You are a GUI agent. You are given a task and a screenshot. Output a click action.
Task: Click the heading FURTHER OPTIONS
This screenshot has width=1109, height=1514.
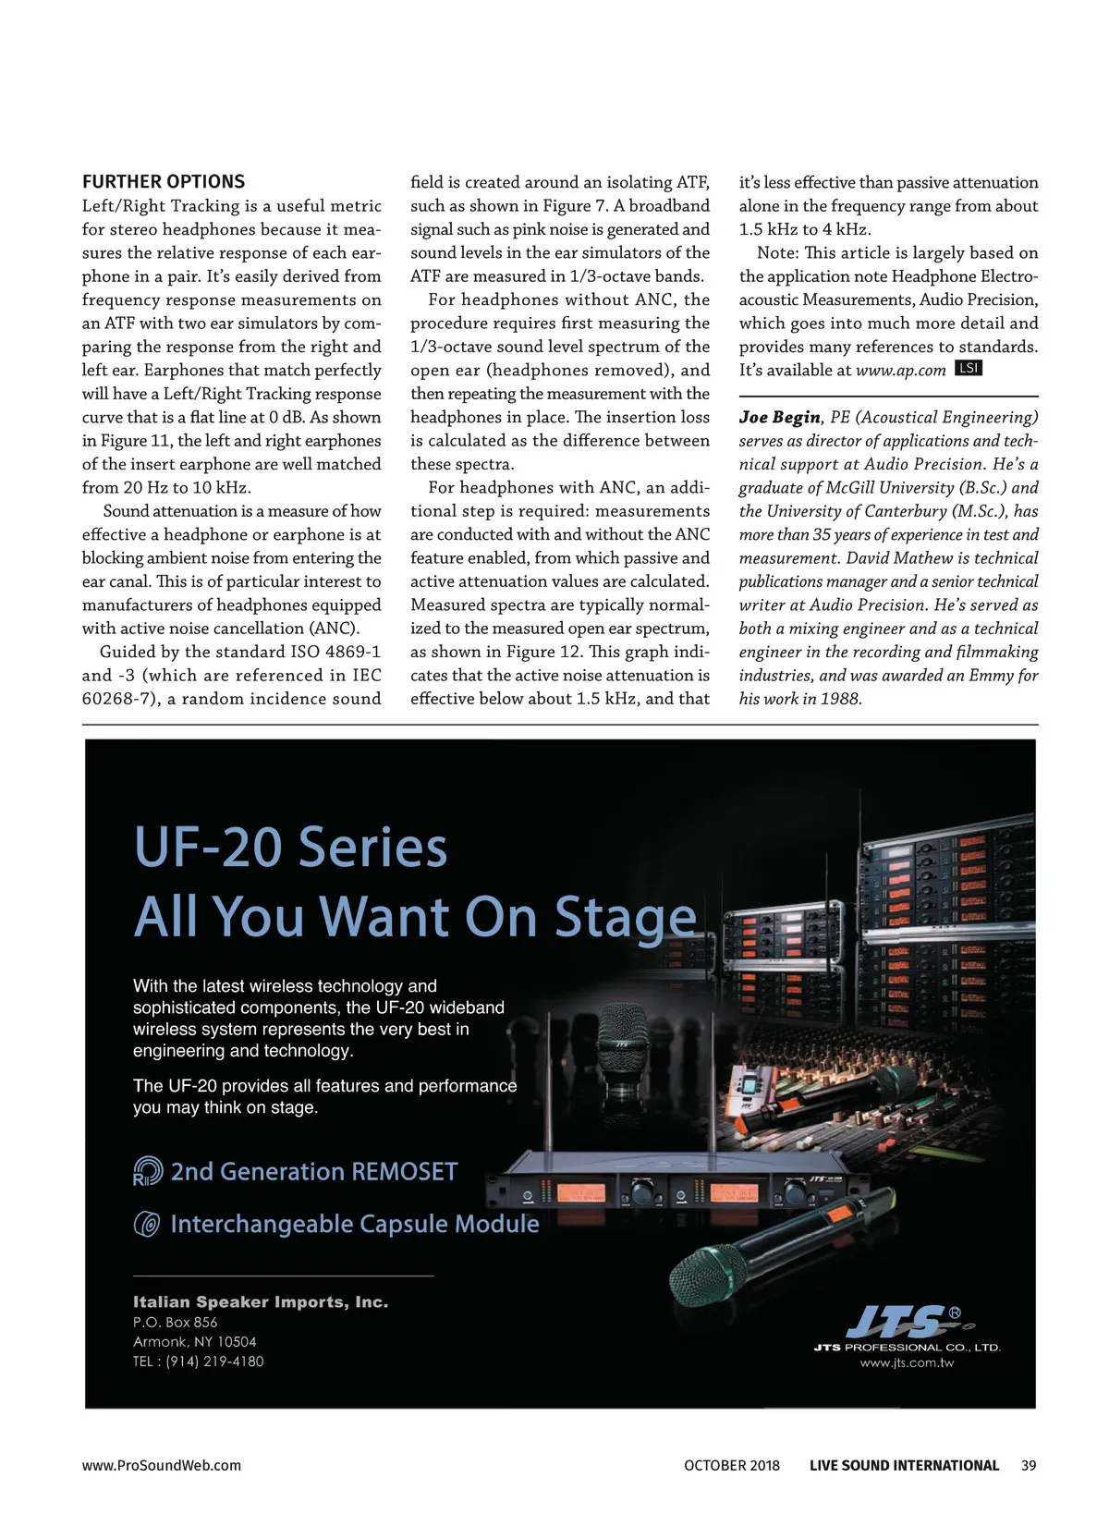pyautogui.click(x=164, y=181)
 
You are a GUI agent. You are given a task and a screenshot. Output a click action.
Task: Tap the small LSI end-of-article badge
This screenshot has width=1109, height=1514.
pyautogui.click(x=968, y=368)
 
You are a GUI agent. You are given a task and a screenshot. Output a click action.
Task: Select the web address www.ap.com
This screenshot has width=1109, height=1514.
pyautogui.click(x=900, y=371)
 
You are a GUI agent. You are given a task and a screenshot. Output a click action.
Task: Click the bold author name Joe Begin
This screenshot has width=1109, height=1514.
pyautogui.click(x=779, y=417)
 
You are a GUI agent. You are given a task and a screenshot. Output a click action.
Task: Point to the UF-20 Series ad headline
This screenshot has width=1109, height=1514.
pyautogui.click(x=290, y=848)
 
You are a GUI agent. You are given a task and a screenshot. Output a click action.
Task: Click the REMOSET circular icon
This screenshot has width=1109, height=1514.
pyautogui.click(x=148, y=1172)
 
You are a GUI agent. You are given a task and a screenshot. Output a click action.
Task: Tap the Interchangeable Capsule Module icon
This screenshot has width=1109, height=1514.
pyautogui.click(x=148, y=1225)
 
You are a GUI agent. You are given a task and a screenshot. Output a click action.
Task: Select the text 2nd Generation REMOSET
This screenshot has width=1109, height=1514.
pyautogui.click(x=314, y=1172)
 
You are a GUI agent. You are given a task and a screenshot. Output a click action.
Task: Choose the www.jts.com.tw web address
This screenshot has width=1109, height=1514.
pyautogui.click(x=907, y=1362)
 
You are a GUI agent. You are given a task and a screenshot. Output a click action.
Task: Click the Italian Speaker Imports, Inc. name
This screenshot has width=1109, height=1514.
pyautogui.click(x=261, y=1301)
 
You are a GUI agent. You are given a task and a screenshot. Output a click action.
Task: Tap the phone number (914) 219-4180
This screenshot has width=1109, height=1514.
pyautogui.click(x=214, y=1361)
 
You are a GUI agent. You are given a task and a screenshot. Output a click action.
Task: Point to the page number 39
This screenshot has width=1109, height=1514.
pyautogui.click(x=1029, y=1465)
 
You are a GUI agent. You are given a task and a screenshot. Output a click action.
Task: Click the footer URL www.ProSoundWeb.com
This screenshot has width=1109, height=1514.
pyautogui.click(x=162, y=1465)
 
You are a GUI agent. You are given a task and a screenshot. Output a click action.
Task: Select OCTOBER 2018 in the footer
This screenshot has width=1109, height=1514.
pyautogui.click(x=732, y=1465)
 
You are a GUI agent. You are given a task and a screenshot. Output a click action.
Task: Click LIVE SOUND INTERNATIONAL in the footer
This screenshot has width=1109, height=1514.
pyautogui.click(x=904, y=1465)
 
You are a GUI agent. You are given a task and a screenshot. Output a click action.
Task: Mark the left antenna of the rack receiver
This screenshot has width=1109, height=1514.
pyautogui.click(x=548, y=1081)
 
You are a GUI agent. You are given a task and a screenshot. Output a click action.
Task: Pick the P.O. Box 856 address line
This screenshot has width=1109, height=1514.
pyautogui.click(x=176, y=1323)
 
